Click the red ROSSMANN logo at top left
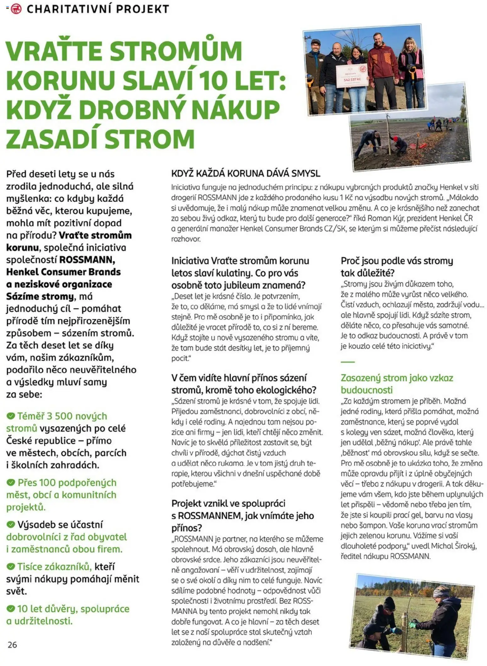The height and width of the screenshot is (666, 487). click(16, 9)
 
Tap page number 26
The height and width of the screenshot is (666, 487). click(12, 645)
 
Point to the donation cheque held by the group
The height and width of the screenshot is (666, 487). click(352, 76)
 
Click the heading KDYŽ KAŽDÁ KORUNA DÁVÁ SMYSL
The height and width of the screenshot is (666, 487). click(245, 173)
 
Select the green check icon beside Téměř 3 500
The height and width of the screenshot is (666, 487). click(11, 416)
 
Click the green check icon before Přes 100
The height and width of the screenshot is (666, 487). click(11, 482)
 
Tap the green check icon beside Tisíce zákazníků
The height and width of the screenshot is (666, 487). click(11, 566)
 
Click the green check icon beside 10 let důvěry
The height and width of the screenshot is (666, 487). click(11, 609)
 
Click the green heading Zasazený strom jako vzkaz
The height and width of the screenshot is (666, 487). click(397, 378)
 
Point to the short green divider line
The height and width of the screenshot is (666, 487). click(347, 362)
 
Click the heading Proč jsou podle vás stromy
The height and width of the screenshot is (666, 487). click(397, 261)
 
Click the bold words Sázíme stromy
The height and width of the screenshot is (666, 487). click(40, 296)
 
